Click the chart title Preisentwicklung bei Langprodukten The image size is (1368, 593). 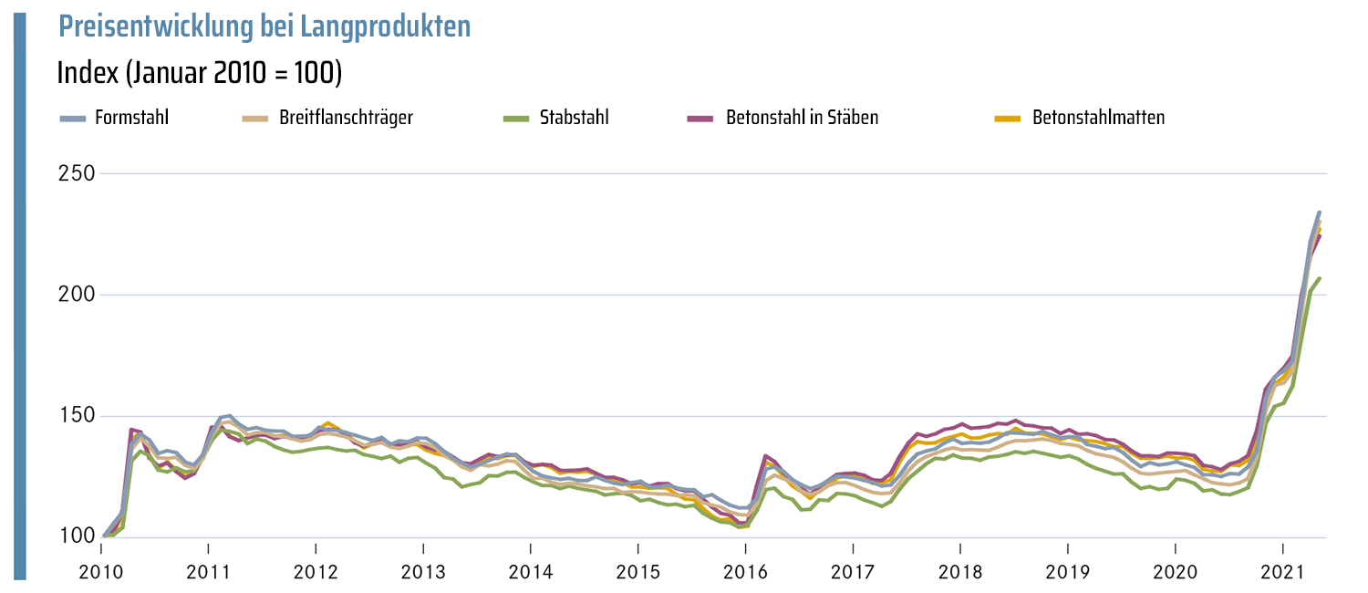tap(264, 26)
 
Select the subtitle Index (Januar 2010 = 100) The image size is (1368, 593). tap(199, 72)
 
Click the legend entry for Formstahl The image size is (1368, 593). tap(131, 118)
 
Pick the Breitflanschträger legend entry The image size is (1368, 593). tap(346, 118)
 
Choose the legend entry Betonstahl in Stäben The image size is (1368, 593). tap(802, 118)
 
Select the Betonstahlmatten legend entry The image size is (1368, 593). tap(1098, 118)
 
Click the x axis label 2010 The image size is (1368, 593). tap(101, 572)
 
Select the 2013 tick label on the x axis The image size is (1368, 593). tap(423, 572)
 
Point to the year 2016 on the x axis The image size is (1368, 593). tap(745, 572)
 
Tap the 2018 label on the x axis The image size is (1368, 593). tap(959, 572)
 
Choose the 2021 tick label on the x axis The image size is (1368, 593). tap(1282, 572)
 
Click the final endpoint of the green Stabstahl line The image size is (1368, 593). tap(1319, 278)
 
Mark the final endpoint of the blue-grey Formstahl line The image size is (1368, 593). tap(1319, 213)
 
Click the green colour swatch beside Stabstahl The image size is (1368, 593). tap(516, 119)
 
